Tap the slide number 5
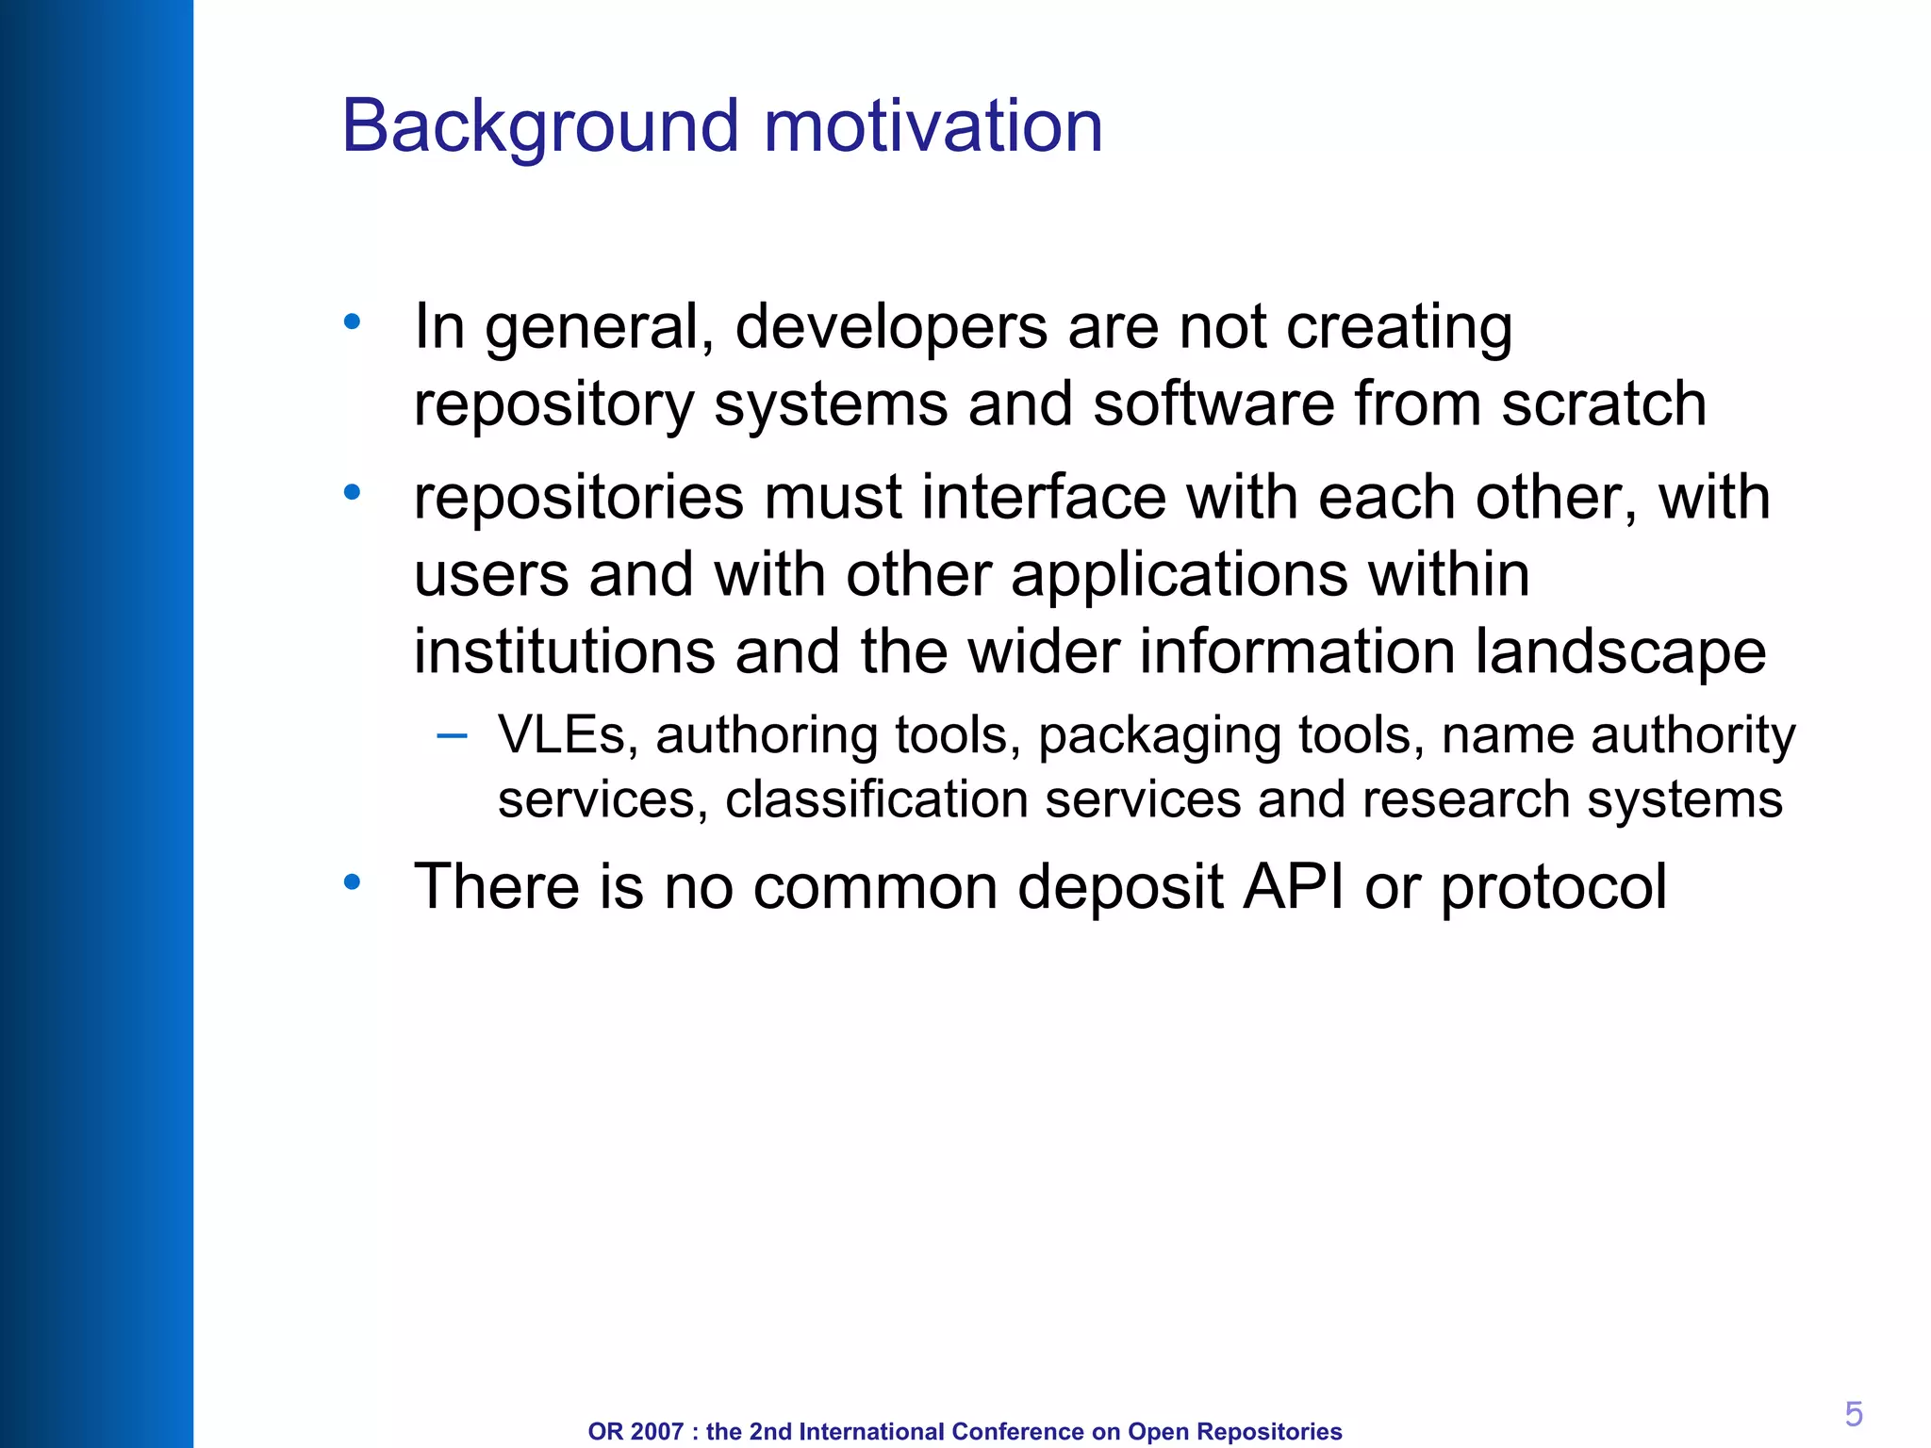click(1853, 1414)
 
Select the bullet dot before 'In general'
click(352, 322)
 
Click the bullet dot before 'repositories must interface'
click(352, 492)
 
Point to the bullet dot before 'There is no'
click(352, 882)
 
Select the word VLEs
click(562, 734)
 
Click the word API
click(1293, 886)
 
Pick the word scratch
click(1603, 404)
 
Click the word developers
click(890, 329)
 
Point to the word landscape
click(1619, 652)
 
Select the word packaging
click(1159, 736)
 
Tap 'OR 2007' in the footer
click(635, 1431)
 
